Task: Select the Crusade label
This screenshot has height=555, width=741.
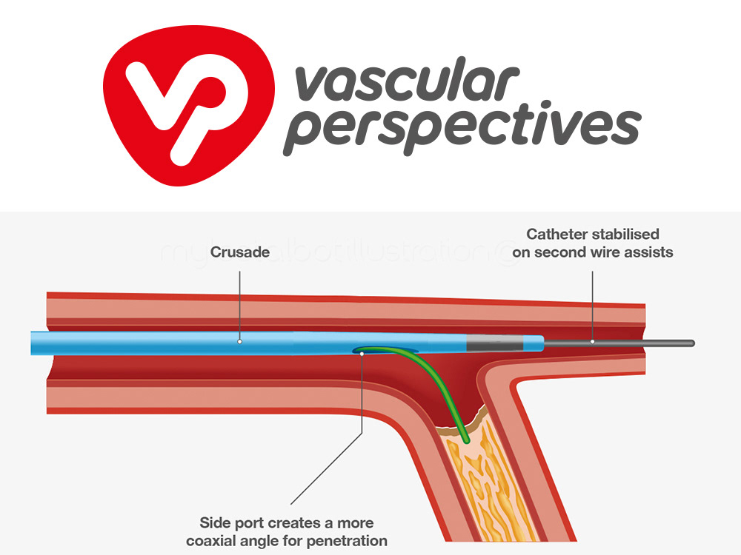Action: (x=240, y=252)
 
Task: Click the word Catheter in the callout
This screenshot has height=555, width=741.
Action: (x=556, y=235)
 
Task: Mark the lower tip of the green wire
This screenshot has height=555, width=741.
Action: (x=466, y=441)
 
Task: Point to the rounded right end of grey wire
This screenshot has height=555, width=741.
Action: (x=691, y=343)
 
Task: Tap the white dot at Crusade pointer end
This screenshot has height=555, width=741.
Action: (x=240, y=342)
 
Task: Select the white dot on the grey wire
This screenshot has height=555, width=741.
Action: (x=593, y=342)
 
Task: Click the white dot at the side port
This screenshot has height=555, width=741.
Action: (x=362, y=354)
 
